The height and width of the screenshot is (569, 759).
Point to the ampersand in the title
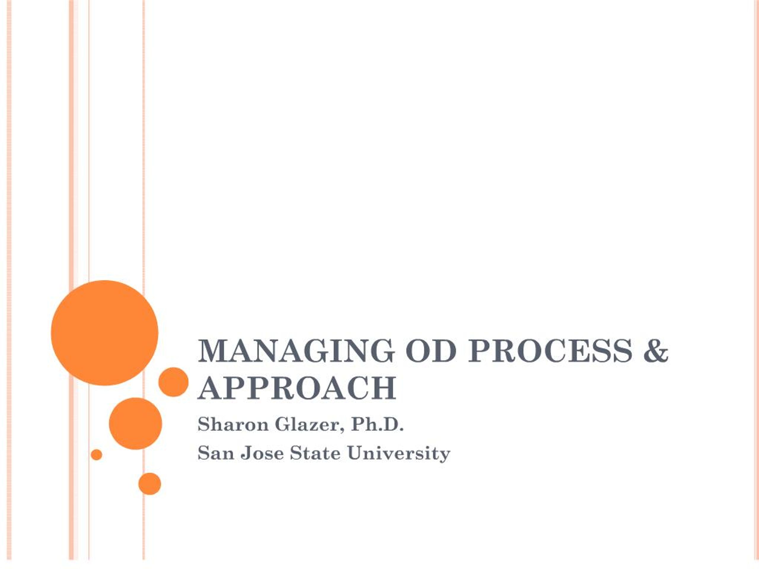[656, 351]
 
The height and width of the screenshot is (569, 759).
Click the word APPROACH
[297, 389]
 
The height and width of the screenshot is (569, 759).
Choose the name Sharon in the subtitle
[233, 425]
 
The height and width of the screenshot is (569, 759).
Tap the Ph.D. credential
[377, 425]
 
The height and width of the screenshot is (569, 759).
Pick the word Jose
[262, 453]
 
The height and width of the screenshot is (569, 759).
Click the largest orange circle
[105, 333]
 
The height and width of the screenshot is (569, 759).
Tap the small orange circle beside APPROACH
[173, 382]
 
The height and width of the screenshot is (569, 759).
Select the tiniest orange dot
[96, 455]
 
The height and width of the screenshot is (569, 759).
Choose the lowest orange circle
[150, 484]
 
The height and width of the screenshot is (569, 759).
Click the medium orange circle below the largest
[135, 423]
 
